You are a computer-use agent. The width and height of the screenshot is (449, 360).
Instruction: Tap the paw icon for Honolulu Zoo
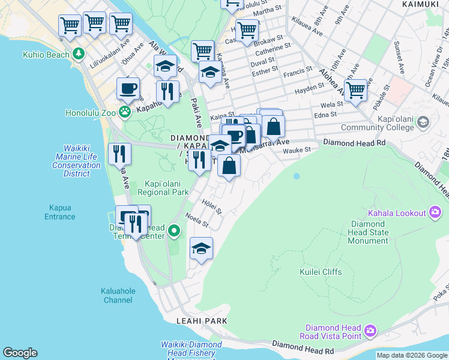(125, 112)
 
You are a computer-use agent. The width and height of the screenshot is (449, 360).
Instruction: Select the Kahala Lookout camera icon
(436, 212)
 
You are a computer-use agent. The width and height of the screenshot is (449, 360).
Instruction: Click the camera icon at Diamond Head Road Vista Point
(370, 330)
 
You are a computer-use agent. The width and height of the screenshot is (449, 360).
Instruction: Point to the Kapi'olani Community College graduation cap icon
(423, 122)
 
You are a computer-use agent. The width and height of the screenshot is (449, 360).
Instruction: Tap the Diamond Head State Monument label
(369, 232)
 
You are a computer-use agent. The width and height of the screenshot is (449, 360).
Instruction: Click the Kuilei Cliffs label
(321, 272)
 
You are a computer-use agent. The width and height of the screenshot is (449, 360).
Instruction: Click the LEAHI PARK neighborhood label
(202, 321)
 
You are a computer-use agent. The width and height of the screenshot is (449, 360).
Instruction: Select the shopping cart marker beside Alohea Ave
(356, 91)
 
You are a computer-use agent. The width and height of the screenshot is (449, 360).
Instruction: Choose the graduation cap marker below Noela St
(202, 249)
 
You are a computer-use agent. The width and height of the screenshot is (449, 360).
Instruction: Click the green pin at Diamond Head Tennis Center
(174, 230)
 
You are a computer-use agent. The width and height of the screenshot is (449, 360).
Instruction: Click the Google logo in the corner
(20, 353)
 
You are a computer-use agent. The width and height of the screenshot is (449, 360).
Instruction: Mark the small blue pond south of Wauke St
(296, 176)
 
